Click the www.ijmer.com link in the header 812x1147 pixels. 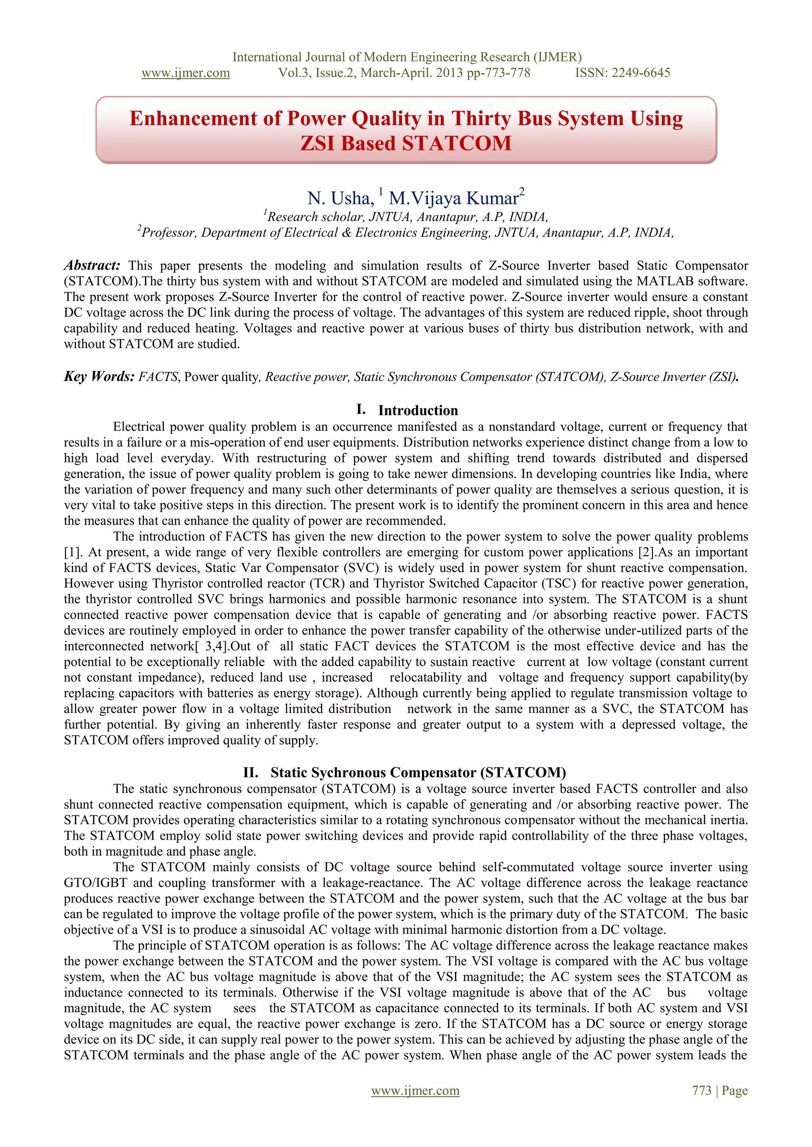point(186,73)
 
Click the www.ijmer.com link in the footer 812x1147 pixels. point(415,1090)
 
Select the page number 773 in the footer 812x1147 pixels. point(701,1090)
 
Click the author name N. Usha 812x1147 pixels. point(341,198)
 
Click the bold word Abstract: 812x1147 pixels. point(92,265)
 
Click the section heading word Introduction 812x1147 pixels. point(418,411)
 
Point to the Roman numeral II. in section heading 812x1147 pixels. point(251,772)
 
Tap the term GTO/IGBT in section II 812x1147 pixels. point(96,883)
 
